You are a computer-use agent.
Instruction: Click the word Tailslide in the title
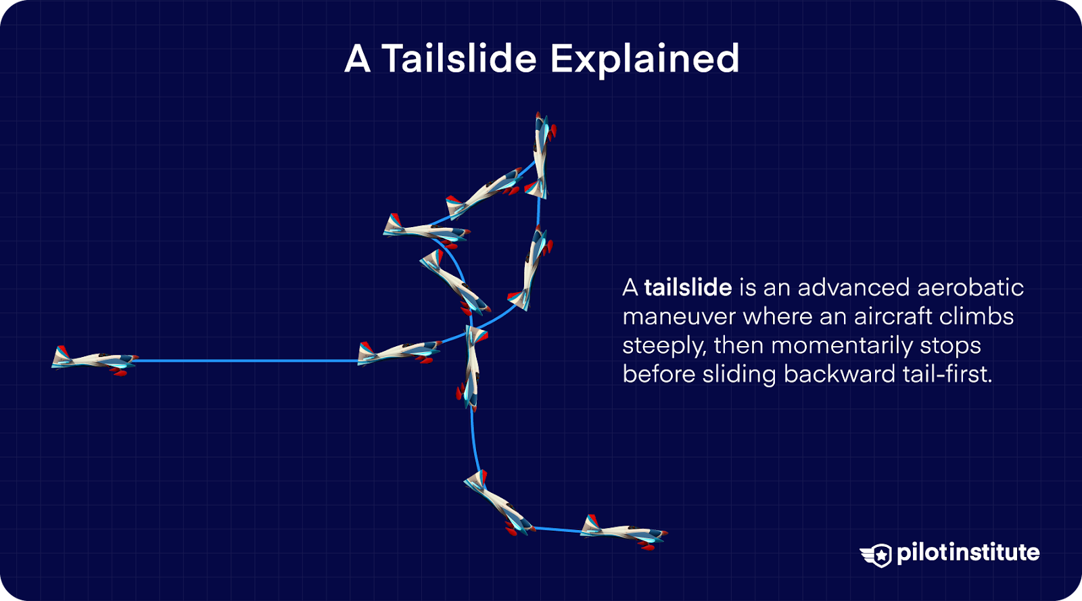pyautogui.click(x=459, y=59)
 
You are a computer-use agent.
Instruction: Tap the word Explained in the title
pyautogui.click(x=645, y=59)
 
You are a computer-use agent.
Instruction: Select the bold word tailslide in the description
pyautogui.click(x=688, y=287)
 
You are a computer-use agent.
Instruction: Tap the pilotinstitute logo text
pyautogui.click(x=968, y=552)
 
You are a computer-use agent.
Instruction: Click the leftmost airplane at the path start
pyautogui.click(x=93, y=360)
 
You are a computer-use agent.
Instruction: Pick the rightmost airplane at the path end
pyautogui.click(x=624, y=531)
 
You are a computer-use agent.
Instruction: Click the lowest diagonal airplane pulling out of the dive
pyautogui.click(x=499, y=503)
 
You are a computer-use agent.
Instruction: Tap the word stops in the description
pyautogui.click(x=950, y=345)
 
